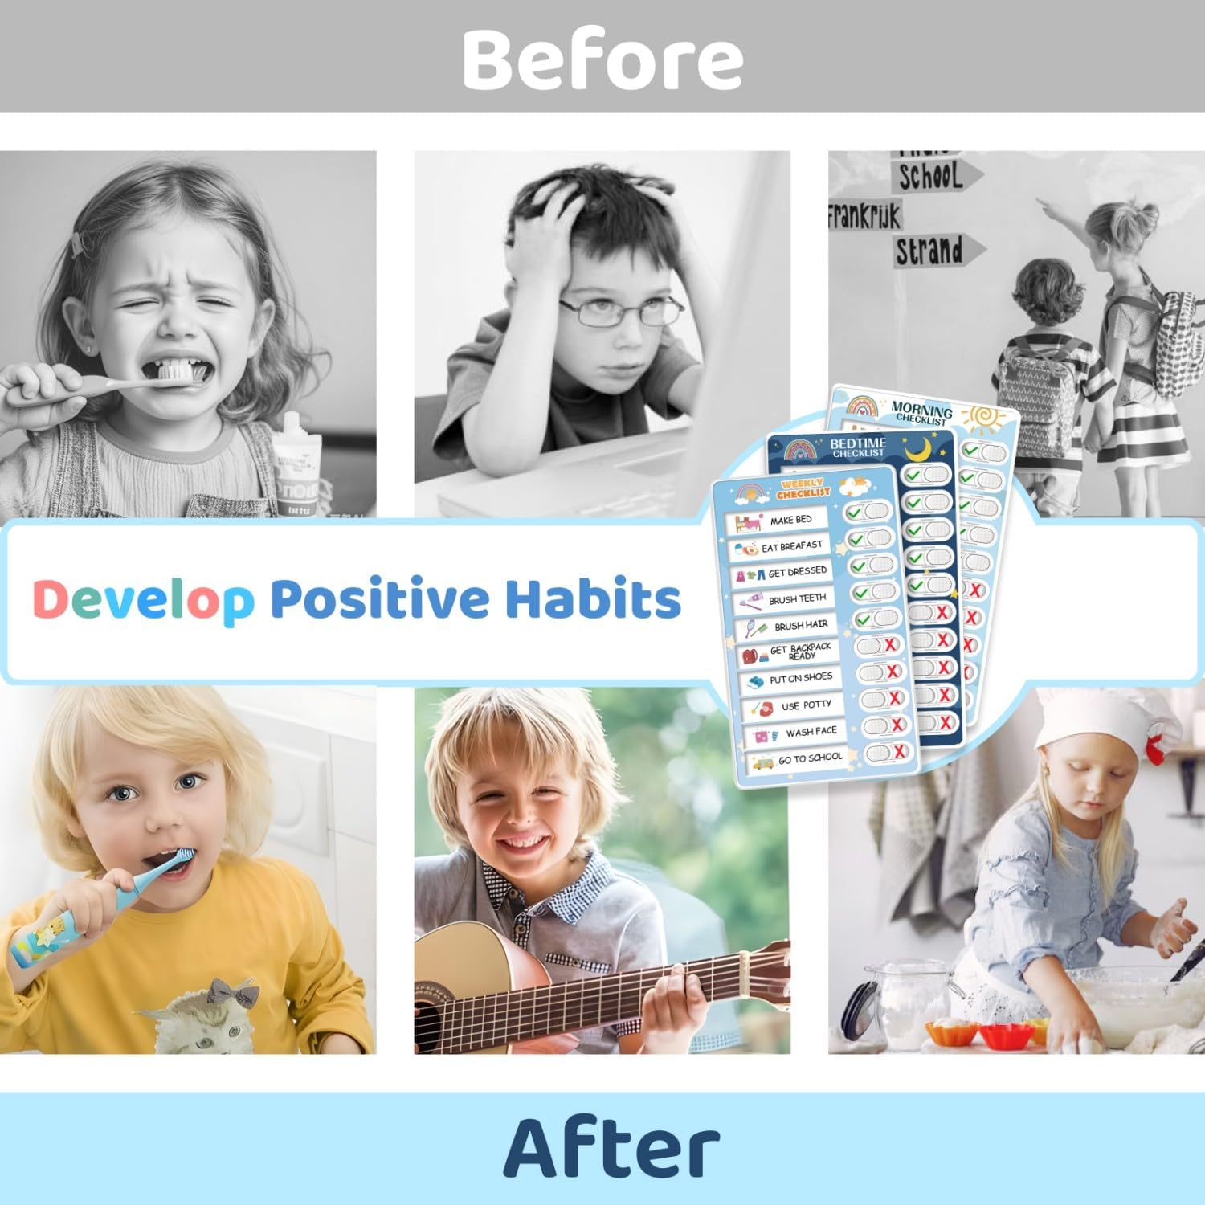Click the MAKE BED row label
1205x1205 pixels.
pyautogui.click(x=790, y=521)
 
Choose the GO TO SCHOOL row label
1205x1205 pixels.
pyautogui.click(x=810, y=758)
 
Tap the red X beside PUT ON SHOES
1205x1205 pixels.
pyautogui.click(x=892, y=671)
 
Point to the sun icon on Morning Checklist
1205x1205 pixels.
pyautogui.click(x=982, y=418)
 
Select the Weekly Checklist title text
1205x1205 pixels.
pyautogui.click(x=803, y=488)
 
